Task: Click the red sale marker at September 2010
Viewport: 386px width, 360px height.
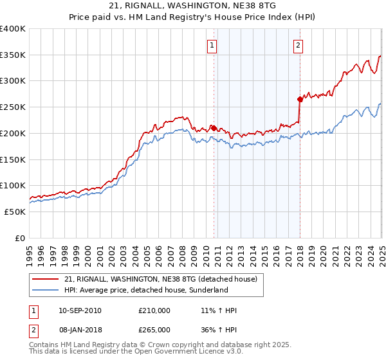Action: pos(214,127)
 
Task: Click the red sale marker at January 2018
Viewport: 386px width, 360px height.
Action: pos(300,99)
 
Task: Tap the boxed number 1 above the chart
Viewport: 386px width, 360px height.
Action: pos(212,45)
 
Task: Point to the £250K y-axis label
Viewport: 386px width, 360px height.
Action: pos(13,107)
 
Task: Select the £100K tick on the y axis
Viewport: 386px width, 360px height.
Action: pos(13,185)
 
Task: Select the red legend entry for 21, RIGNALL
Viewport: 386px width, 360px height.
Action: pos(161,278)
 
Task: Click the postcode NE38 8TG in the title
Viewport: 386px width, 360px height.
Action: pos(255,6)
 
